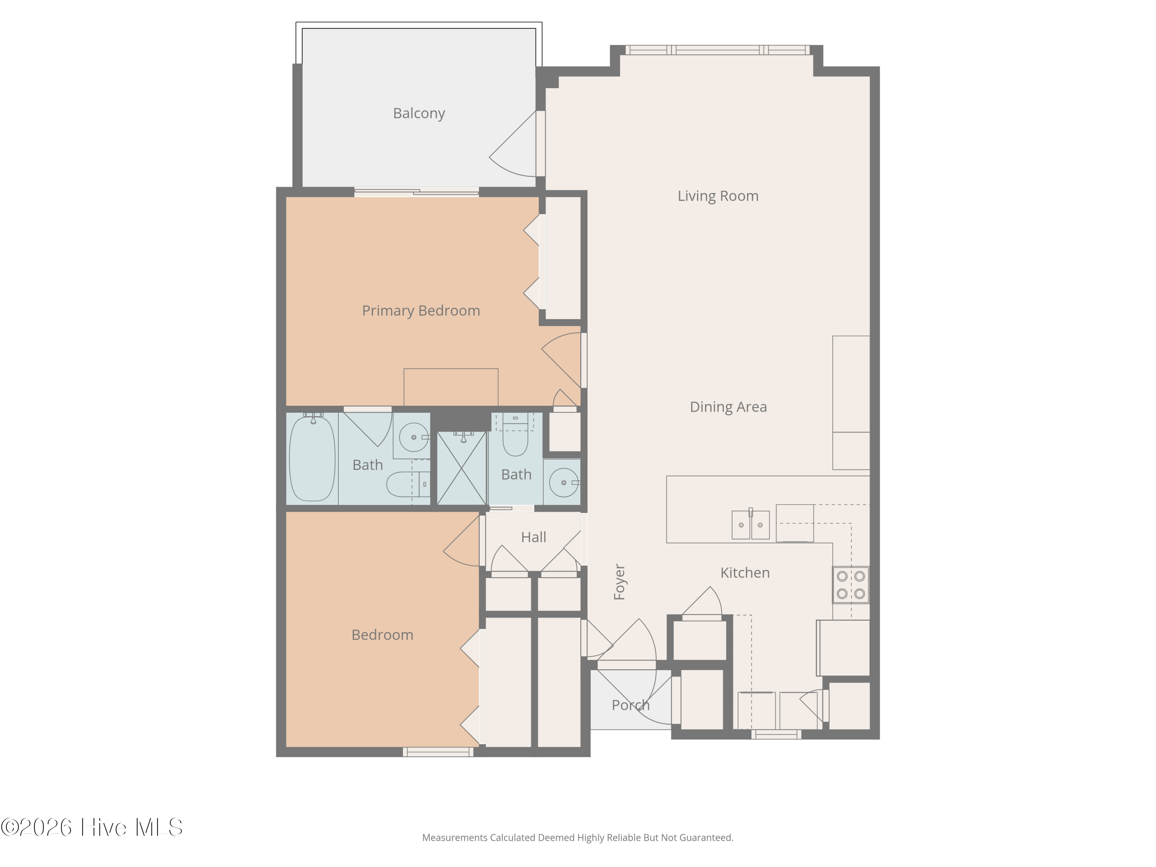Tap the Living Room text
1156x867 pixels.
pyautogui.click(x=717, y=196)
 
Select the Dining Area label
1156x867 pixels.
pyautogui.click(x=728, y=407)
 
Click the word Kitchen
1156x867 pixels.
pyautogui.click(x=745, y=573)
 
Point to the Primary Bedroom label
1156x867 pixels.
pyautogui.click(x=421, y=311)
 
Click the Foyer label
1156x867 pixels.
pyautogui.click(x=619, y=581)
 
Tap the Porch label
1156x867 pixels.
pyautogui.click(x=630, y=705)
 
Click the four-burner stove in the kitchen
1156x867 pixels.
pyautogui.click(x=851, y=585)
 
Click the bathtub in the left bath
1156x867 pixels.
pyautogui.click(x=312, y=458)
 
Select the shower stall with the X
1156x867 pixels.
pyautogui.click(x=462, y=468)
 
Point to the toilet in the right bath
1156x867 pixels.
pyautogui.click(x=515, y=439)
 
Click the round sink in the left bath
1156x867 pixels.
pyautogui.click(x=413, y=437)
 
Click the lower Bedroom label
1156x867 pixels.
pyautogui.click(x=382, y=635)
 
